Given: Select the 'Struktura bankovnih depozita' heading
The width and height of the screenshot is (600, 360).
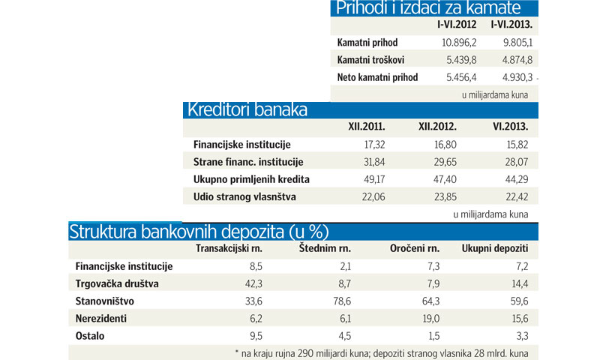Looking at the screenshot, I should [199, 231].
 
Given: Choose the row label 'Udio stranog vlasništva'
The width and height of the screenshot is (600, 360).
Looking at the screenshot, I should [244, 196].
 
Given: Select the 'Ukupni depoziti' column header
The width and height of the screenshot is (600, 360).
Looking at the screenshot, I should [495, 248].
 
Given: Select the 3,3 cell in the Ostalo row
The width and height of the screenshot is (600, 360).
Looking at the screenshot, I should [520, 335].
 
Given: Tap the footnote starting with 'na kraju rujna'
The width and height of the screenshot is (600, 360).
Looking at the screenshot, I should [386, 352].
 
